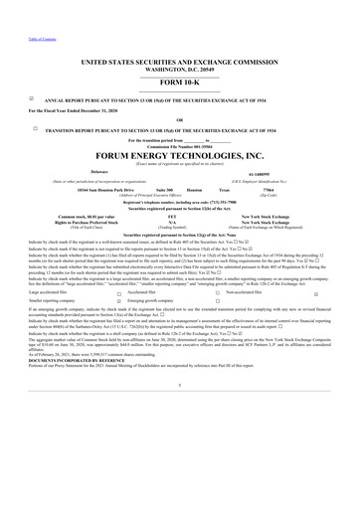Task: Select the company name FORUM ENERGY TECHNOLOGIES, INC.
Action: point(180,155)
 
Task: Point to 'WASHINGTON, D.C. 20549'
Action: point(180,69)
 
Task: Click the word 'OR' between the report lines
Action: point(180,118)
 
